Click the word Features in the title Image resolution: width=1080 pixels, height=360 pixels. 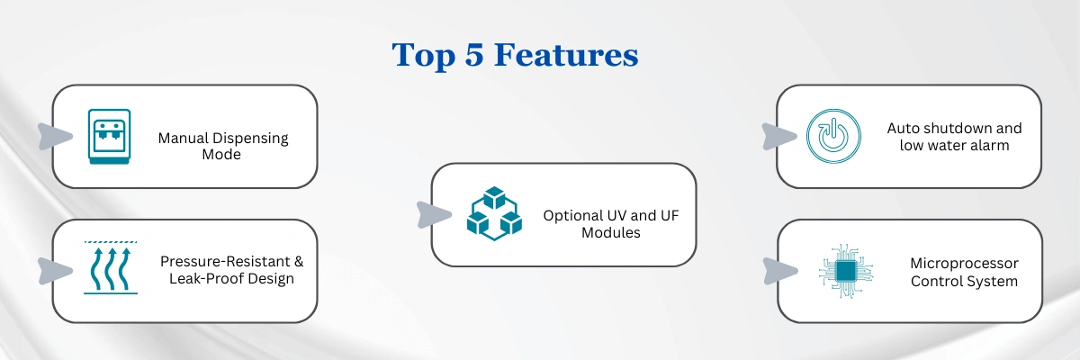(x=566, y=55)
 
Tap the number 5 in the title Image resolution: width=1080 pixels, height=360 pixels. (x=474, y=55)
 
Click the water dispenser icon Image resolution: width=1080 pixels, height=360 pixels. (x=110, y=137)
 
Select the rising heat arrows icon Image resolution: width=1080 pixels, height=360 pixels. (x=111, y=267)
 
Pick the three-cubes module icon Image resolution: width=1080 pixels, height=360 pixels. (x=494, y=213)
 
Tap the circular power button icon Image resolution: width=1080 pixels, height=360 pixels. (x=833, y=136)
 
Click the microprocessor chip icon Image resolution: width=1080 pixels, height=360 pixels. (x=846, y=271)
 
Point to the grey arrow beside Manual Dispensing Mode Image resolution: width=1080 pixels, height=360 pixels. (x=55, y=137)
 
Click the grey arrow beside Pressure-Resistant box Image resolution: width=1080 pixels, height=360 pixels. (x=55, y=271)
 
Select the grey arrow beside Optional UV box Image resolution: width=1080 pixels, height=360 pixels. (x=434, y=215)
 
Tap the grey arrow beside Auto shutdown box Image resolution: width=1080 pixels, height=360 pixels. (x=779, y=137)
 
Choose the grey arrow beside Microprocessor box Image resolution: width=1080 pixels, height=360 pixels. (x=780, y=271)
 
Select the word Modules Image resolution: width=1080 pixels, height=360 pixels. (x=611, y=233)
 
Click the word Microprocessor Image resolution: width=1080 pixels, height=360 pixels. (x=964, y=264)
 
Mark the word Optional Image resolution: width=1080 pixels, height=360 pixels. (x=571, y=216)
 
